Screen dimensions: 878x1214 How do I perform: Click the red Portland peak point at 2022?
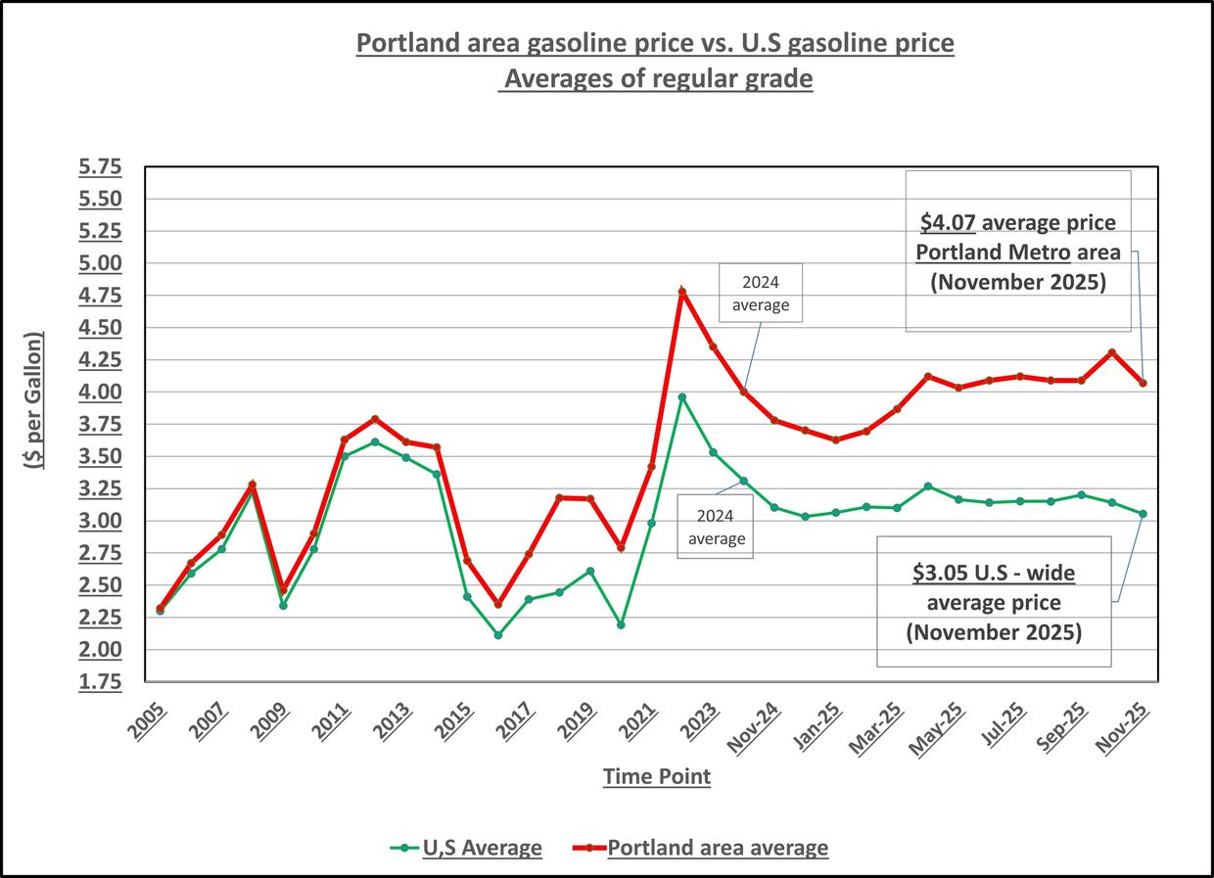coord(682,291)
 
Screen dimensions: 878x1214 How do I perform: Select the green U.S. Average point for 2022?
coord(682,396)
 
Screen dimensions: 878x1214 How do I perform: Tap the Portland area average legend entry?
coord(717,848)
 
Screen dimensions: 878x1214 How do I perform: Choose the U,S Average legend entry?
coord(481,848)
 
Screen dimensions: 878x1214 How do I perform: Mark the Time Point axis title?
coord(656,777)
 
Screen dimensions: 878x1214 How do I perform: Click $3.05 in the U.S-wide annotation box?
coord(935,572)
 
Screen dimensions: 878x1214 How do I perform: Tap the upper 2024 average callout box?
coord(761,293)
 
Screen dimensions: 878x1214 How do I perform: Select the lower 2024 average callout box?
coord(716,525)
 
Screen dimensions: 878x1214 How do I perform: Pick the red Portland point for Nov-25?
coord(1142,383)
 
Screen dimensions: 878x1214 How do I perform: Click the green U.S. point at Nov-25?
coord(1142,514)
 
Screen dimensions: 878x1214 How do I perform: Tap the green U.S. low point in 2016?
coord(497,634)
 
